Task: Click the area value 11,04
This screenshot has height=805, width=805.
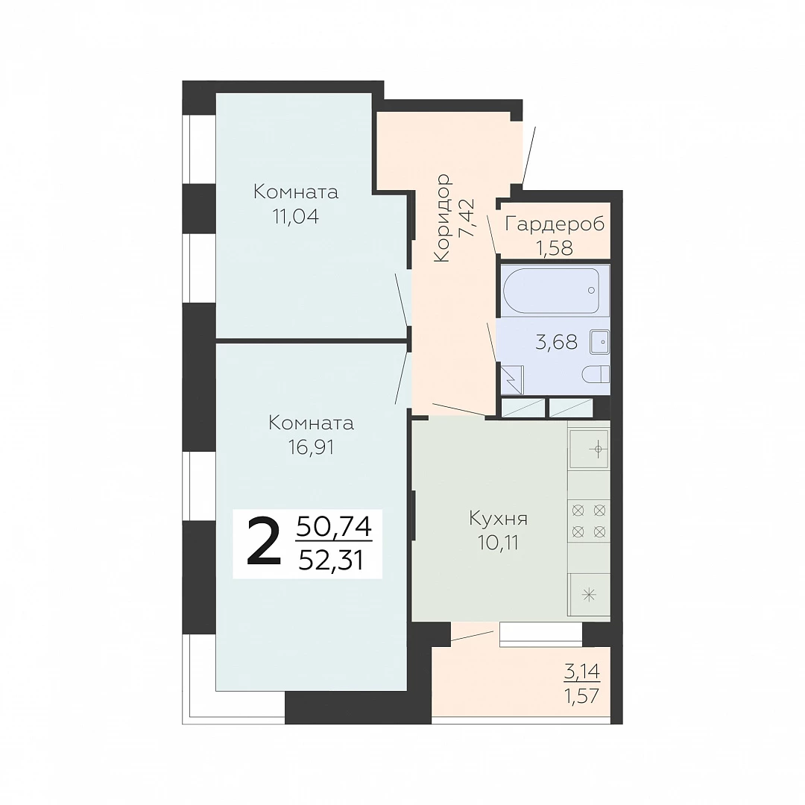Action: tap(296, 217)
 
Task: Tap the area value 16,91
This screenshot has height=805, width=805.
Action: tap(311, 448)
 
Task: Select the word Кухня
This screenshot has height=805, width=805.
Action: tap(498, 519)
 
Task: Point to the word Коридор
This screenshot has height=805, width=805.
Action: tap(442, 218)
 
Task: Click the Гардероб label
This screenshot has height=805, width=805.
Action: tap(555, 225)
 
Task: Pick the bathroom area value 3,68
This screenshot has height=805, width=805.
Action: tap(557, 342)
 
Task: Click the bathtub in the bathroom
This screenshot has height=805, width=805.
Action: tap(552, 291)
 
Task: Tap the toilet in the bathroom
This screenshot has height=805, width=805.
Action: tap(596, 374)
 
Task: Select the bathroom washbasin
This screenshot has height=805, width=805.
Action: tap(599, 341)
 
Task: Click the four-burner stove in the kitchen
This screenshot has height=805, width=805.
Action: tap(589, 521)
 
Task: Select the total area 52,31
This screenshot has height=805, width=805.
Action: tap(331, 561)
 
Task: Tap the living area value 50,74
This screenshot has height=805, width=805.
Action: tap(334, 527)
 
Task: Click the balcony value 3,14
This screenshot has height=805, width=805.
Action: tap(582, 672)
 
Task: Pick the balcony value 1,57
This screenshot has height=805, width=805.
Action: tap(582, 696)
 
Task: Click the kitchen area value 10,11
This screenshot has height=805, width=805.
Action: tap(499, 543)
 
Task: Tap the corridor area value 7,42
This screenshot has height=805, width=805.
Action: tap(467, 218)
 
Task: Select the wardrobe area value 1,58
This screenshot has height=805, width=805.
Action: tap(555, 248)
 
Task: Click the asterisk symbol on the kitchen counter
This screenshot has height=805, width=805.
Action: tap(589, 596)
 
